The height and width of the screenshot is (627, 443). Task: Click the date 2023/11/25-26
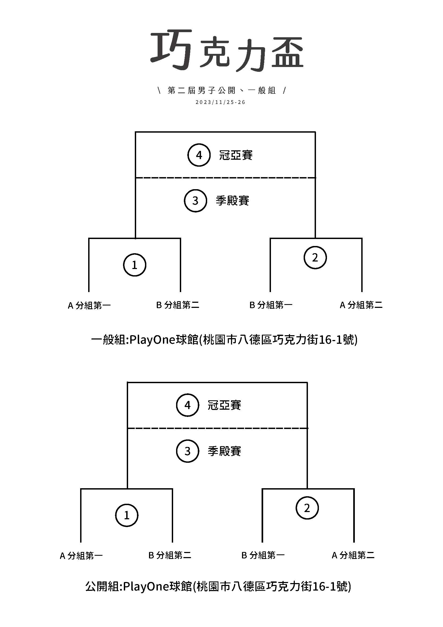pos(220,102)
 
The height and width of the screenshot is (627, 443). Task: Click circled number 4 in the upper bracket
pos(199,155)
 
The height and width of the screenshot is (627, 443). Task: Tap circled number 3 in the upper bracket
pos(195,201)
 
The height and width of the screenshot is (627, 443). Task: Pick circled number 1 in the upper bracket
pos(135,265)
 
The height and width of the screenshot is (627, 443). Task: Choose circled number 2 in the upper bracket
pos(315,257)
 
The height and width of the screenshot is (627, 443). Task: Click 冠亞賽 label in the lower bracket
pos(224,405)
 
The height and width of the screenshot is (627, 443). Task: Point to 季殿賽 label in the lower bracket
pos(224,451)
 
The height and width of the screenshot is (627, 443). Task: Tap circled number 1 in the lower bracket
pos(127,515)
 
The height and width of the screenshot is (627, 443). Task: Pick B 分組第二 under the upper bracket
pos(178,305)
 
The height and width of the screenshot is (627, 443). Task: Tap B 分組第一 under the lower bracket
pos(263,555)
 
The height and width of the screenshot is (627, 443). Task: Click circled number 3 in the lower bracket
pos(187,451)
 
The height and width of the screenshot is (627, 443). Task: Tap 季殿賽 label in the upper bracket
pos(232,201)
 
